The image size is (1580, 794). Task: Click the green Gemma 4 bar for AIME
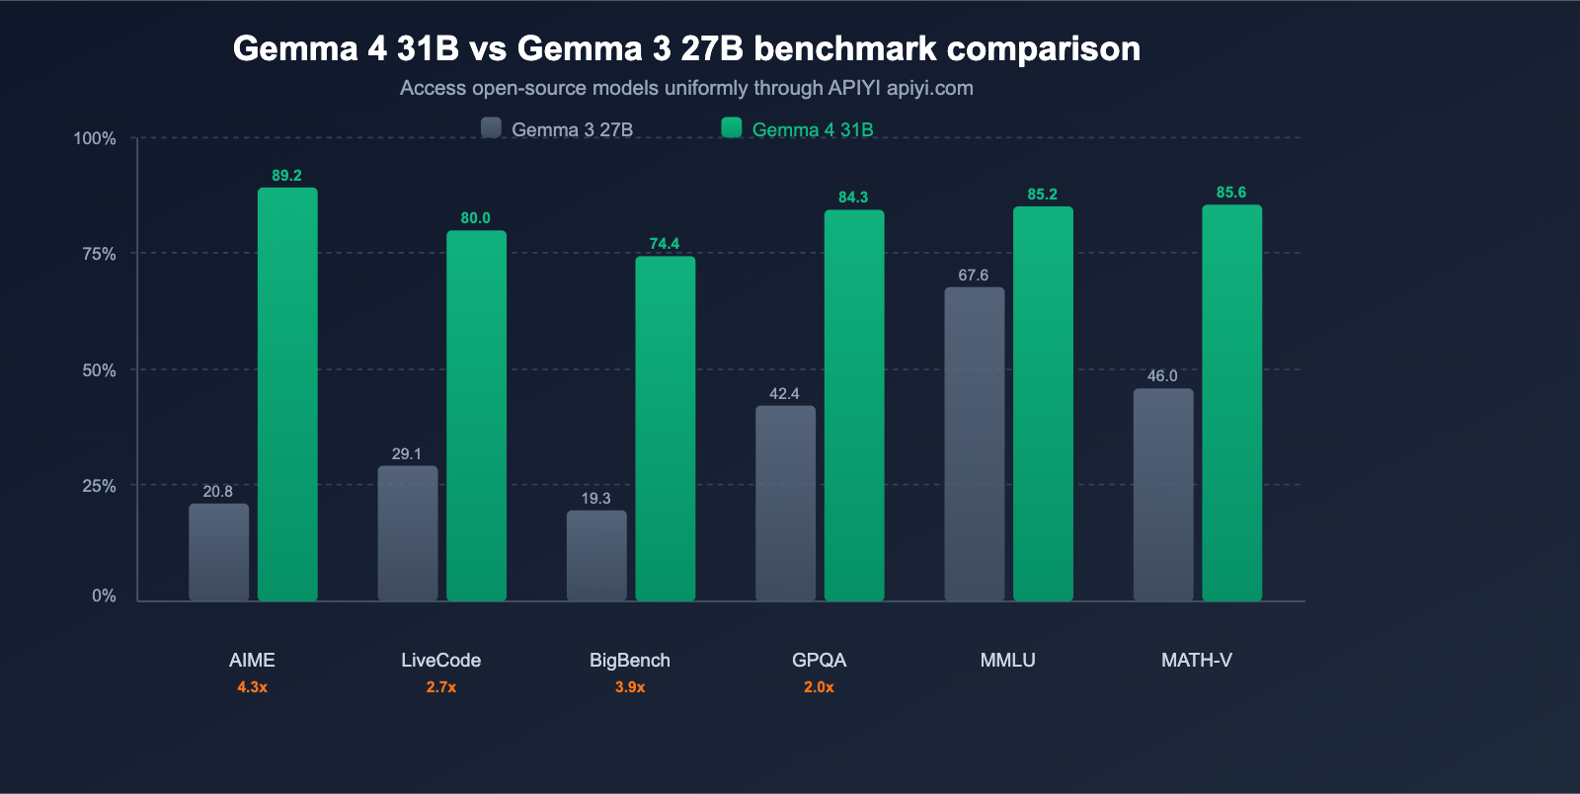tap(287, 395)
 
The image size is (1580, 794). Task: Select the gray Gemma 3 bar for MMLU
tap(974, 444)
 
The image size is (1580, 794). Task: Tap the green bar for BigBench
tap(665, 429)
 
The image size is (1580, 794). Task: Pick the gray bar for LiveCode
tap(407, 533)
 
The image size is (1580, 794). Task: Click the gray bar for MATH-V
tap(1162, 495)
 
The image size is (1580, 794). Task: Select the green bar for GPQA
tap(853, 406)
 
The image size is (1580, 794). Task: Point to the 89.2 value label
tap(286, 176)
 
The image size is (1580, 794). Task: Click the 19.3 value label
tap(595, 499)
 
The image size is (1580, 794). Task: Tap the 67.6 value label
tap(973, 276)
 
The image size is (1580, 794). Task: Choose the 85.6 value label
tap(1230, 193)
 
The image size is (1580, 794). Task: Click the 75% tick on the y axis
tap(99, 254)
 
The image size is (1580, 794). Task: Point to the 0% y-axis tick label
tap(104, 595)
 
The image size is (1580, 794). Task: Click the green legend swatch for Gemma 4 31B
tap(732, 128)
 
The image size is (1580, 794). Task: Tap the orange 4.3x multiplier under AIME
tap(252, 687)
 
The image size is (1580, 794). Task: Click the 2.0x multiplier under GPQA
tap(819, 687)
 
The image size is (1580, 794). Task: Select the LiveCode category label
tap(440, 660)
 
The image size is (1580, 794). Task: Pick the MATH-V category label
tap(1196, 660)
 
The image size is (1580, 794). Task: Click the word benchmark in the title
tap(844, 48)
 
